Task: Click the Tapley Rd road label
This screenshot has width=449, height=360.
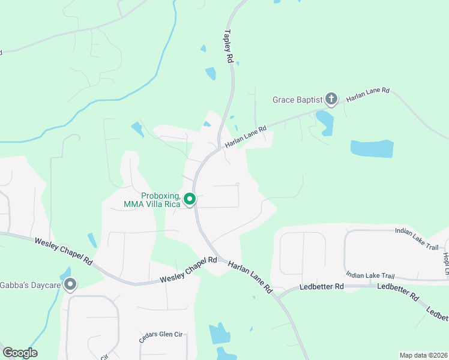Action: point(229,47)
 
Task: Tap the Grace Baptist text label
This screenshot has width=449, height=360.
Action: point(297,100)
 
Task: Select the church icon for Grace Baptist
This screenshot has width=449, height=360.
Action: point(331,98)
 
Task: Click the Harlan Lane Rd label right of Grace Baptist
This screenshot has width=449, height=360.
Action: point(369,95)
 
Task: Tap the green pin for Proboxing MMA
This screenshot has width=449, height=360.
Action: point(190,199)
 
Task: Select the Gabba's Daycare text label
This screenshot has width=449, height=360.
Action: point(31,284)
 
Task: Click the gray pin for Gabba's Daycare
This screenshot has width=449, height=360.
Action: point(70,284)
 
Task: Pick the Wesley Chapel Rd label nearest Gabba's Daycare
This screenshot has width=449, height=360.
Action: point(62,251)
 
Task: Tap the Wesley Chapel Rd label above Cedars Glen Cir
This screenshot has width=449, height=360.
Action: point(188,271)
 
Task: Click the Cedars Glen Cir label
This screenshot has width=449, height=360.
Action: point(161,335)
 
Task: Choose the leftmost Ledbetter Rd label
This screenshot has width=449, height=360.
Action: point(322,287)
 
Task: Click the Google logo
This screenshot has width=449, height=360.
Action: point(20,353)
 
